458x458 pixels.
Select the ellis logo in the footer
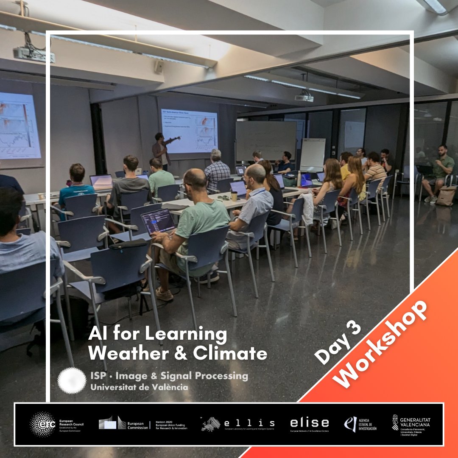(x=238, y=424)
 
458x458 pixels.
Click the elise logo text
(x=309, y=423)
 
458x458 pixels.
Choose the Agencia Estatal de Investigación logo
(x=360, y=424)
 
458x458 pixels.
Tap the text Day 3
(x=338, y=343)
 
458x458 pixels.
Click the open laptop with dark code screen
(x=158, y=221)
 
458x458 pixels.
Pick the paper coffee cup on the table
(x=234, y=196)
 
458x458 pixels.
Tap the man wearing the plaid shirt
(x=217, y=170)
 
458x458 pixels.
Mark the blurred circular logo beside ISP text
(x=72, y=380)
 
